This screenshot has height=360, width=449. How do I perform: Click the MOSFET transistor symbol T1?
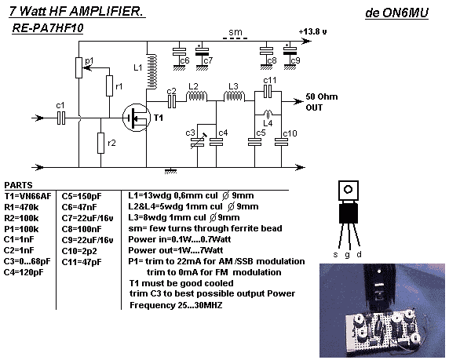(x=137, y=118)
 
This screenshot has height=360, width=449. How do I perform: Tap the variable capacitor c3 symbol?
(x=197, y=141)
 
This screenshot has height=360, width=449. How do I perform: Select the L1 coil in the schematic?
(x=151, y=72)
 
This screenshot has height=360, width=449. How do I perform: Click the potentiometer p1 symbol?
(x=79, y=67)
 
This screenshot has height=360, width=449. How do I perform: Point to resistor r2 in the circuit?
(x=100, y=143)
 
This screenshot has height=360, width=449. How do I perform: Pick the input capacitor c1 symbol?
(x=61, y=118)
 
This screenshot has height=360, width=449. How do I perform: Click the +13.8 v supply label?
(x=312, y=31)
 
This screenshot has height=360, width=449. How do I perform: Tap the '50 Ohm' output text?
(x=322, y=96)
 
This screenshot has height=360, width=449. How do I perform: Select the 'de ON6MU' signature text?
(x=396, y=13)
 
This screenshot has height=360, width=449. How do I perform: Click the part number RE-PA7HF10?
(x=48, y=28)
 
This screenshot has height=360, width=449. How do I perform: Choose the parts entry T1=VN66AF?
(x=27, y=196)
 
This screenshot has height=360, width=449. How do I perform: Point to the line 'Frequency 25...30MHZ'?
(x=176, y=305)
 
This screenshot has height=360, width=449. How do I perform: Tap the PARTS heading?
(x=18, y=185)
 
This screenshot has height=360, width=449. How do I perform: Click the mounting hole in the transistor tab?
(x=349, y=190)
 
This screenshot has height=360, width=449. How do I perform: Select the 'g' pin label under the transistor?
(x=347, y=254)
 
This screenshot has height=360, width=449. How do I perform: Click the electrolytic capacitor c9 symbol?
(x=290, y=52)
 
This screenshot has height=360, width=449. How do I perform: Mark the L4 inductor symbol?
(x=268, y=115)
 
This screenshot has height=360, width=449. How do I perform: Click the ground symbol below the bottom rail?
(x=170, y=171)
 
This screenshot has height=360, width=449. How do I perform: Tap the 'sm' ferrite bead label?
(x=235, y=32)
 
